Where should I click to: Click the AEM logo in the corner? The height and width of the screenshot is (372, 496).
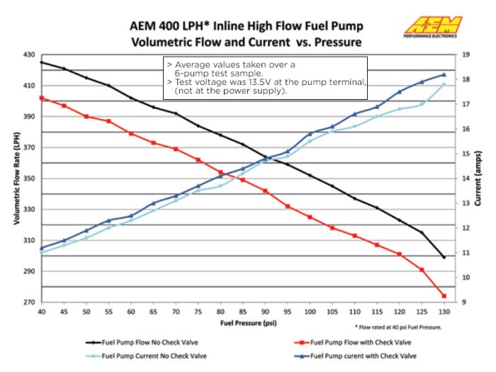pyautogui.click(x=432, y=26)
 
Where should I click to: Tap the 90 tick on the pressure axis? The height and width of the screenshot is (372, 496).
pyautogui.click(x=266, y=312)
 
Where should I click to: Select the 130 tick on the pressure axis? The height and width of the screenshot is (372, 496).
pyautogui.click(x=444, y=312)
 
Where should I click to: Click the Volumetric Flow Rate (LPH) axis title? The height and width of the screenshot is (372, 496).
pyautogui.click(x=15, y=177)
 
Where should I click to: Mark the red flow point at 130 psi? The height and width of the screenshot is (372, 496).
pyautogui.click(x=444, y=296)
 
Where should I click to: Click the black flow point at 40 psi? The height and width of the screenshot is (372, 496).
pyautogui.click(x=41, y=62)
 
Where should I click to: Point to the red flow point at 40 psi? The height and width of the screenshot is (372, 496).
pyautogui.click(x=41, y=98)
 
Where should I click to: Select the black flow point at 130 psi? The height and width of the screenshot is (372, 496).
pyautogui.click(x=444, y=257)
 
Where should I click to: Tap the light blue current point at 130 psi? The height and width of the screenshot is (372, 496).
pyautogui.click(x=444, y=84)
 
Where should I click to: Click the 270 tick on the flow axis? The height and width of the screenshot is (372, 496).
pyautogui.click(x=28, y=303)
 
